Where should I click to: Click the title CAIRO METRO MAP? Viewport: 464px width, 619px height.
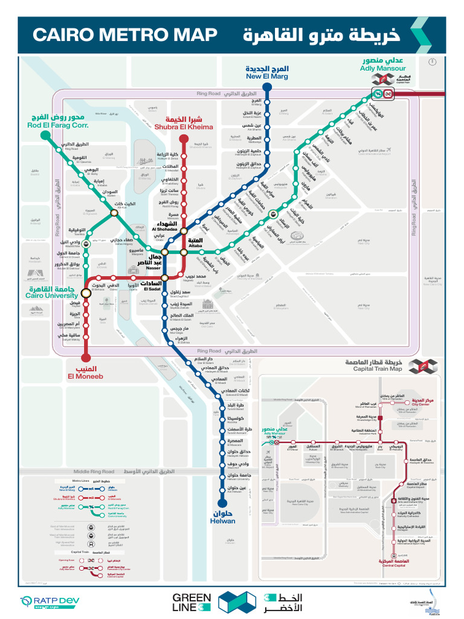(124, 35)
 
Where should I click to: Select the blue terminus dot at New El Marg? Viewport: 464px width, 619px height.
(267, 87)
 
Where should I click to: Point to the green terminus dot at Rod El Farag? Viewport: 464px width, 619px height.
(45, 135)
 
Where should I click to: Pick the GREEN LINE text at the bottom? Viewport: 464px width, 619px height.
(192, 602)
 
